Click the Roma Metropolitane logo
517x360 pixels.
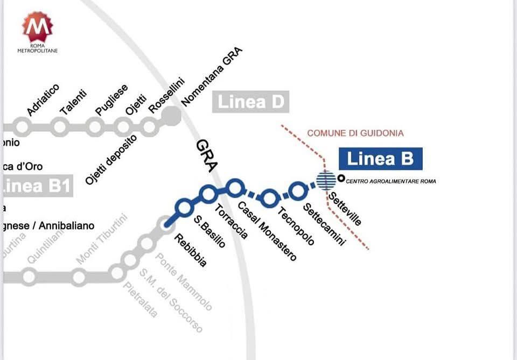(x=37, y=31)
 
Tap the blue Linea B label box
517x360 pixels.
(x=380, y=159)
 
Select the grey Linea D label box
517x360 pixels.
(x=250, y=102)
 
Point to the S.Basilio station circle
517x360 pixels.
(x=184, y=206)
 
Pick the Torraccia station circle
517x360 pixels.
(x=208, y=193)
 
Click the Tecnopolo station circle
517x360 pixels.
(x=270, y=197)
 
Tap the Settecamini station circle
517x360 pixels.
(x=297, y=190)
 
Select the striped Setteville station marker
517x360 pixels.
(x=325, y=180)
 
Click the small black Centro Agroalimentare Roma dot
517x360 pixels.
(x=341, y=178)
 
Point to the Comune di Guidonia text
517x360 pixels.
(x=355, y=133)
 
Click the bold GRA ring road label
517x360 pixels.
(x=206, y=156)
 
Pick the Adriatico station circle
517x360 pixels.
(x=22, y=128)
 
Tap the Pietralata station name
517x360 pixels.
(x=141, y=300)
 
